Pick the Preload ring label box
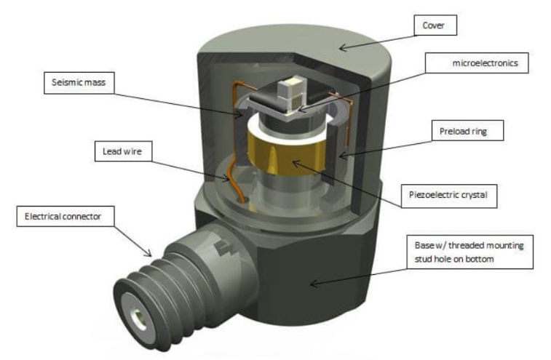click(x=460, y=132)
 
